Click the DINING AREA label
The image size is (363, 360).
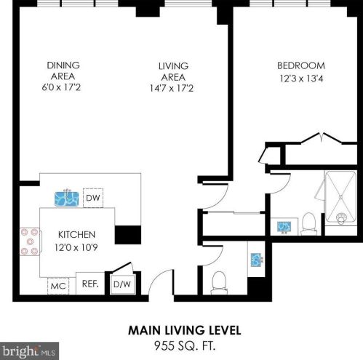pyautogui.click(x=63, y=71)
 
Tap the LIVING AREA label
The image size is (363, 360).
pyautogui.click(x=173, y=71)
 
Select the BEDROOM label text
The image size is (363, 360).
pyautogui.click(x=301, y=65)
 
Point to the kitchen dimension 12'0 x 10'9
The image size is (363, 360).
pyautogui.click(x=76, y=247)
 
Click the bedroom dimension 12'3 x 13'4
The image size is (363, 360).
pyautogui.click(x=301, y=79)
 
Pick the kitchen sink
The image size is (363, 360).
pyautogui.click(x=67, y=199)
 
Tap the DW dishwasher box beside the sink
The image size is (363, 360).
pyautogui.click(x=93, y=198)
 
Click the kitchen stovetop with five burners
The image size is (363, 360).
pyautogui.click(x=30, y=241)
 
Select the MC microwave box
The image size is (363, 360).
pyautogui.click(x=58, y=286)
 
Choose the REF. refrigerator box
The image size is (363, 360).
pyautogui.click(x=90, y=284)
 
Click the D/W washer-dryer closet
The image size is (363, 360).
pyautogui.click(x=122, y=284)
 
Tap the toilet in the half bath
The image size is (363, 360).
pyautogui.click(x=219, y=283)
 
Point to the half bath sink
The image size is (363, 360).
pyautogui.click(x=256, y=260)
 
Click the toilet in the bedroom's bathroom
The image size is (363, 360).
pyautogui.click(x=308, y=224)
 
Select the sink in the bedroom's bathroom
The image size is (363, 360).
pyautogui.click(x=284, y=227)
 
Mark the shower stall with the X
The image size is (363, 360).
pyautogui.click(x=340, y=196)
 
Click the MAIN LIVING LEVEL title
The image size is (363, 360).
pyautogui.click(x=185, y=330)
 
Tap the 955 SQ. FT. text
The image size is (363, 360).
pyautogui.click(x=185, y=345)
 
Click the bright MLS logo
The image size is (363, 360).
pyautogui.click(x=29, y=351)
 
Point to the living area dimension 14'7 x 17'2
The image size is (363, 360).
pyautogui.click(x=172, y=88)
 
